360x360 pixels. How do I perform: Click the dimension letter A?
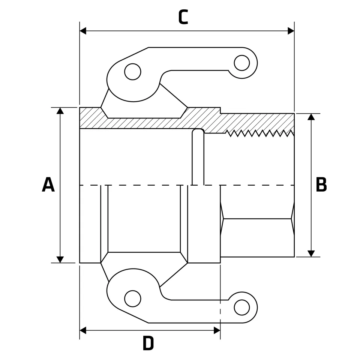pyautogui.click(x=48, y=185)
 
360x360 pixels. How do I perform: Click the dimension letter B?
pyautogui.click(x=321, y=185)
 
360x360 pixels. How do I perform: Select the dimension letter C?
pyautogui.click(x=183, y=17)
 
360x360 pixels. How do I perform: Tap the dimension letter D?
pyautogui.click(x=148, y=343)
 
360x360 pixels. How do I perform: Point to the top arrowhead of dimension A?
pyautogui.click(x=60, y=111)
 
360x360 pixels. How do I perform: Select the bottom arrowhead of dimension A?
pyautogui.click(x=60, y=259)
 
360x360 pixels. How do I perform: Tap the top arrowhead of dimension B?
pyautogui.click(x=311, y=117)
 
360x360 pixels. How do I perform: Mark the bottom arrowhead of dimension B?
pyautogui.click(x=311, y=253)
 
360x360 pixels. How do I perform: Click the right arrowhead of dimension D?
pyautogui.click(x=217, y=330)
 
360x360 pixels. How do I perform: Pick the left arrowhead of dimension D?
pyautogui.click(x=83, y=330)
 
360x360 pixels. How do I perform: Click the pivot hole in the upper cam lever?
pyautogui.click(x=132, y=72)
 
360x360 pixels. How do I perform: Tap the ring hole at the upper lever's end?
pyautogui.click(x=242, y=63)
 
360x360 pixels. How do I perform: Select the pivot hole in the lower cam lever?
pyautogui.click(x=132, y=298)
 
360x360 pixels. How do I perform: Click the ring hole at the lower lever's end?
pyautogui.click(x=242, y=307)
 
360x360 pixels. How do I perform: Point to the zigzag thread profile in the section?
pyautogui.click(x=260, y=133)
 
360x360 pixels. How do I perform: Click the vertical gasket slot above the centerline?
pyautogui.click(x=198, y=157)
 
